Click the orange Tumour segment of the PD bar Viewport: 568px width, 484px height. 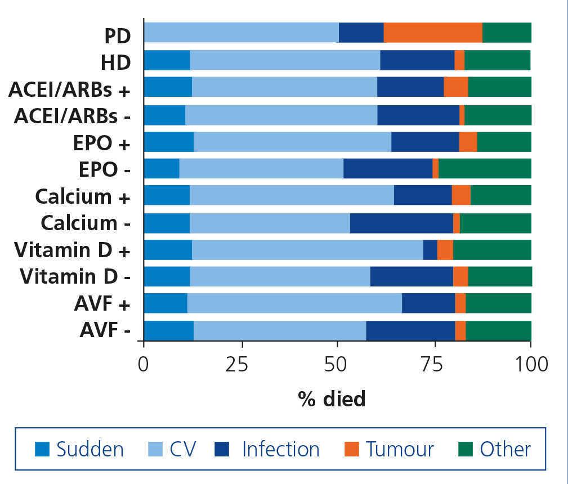tap(433, 33)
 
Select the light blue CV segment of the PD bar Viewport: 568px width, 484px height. tap(241, 33)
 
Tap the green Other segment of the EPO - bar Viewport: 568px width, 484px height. tap(485, 168)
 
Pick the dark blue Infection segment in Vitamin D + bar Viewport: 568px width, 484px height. tap(430, 249)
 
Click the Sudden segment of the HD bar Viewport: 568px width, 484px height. tap(167, 60)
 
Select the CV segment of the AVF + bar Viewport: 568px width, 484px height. tap(294, 303)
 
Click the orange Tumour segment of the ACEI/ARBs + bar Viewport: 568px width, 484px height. tap(456, 87)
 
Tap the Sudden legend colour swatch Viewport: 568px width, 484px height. tap(42, 449)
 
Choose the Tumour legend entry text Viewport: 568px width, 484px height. tap(400, 449)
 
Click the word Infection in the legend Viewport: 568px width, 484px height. tap(280, 449)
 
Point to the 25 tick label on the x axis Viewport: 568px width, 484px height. tap(242, 364)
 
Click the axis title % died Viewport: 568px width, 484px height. tap(332, 399)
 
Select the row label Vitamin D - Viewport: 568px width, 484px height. tap(75, 276)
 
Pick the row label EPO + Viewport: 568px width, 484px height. tap(101, 142)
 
